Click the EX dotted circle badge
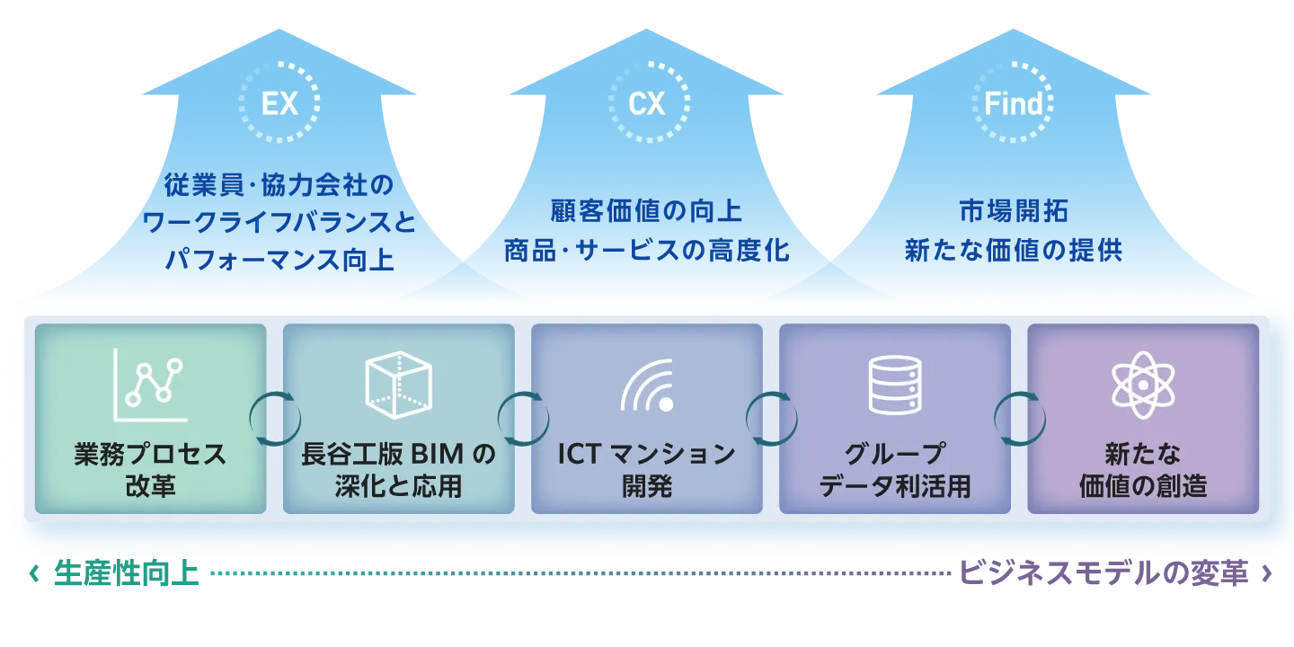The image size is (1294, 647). (x=279, y=103)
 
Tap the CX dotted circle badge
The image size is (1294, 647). (x=646, y=103)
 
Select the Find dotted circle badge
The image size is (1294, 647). (x=1014, y=103)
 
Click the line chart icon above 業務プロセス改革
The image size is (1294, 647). (x=149, y=385)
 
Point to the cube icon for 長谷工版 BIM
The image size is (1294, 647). (x=398, y=385)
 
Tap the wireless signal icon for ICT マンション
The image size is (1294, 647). (x=647, y=386)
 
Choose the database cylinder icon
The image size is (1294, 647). (x=895, y=385)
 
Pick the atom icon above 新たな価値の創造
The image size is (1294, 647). (x=1143, y=385)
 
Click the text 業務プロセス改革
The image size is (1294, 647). (x=150, y=469)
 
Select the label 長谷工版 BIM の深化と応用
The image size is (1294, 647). (x=398, y=469)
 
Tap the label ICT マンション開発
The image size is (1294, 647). (x=647, y=469)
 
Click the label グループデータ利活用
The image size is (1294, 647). (x=895, y=469)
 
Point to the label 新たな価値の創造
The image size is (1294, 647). (x=1143, y=469)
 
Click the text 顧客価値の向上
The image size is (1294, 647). (x=646, y=211)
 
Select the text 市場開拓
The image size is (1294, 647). (x=1013, y=211)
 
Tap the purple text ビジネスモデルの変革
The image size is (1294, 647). (x=1104, y=573)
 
